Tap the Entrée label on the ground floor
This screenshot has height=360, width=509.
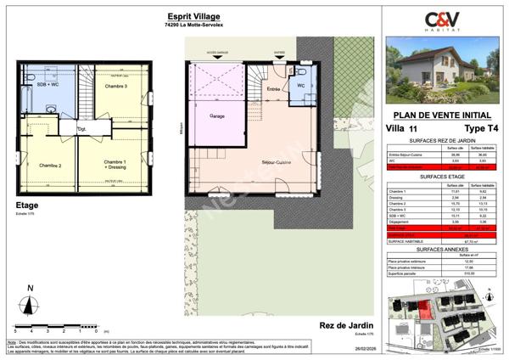tap(273, 88)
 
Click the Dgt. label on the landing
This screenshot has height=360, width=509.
tap(82, 129)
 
